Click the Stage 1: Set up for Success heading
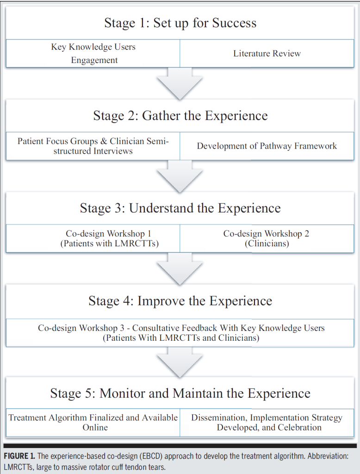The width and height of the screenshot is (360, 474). tap(180, 23)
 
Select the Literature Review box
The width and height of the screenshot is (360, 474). tap(267, 53)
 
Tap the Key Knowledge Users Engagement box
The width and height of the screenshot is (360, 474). tap(93, 53)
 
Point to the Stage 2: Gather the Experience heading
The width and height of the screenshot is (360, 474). tap(180, 115)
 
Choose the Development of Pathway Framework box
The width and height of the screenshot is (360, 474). tap(267, 146)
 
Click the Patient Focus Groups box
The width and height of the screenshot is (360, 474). tap(93, 146)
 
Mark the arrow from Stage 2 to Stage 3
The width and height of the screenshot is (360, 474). tap(180, 177)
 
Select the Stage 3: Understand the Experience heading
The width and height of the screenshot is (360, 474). tap(180, 208)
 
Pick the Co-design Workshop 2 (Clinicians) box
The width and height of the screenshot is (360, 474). tap(267, 238)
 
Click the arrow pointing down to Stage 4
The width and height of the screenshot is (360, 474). tap(180, 270)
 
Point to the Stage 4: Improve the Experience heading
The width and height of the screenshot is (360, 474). tap(180, 301)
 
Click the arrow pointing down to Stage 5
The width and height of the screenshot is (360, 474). tap(180, 362)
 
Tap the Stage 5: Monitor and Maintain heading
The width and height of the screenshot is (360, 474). tap(180, 393)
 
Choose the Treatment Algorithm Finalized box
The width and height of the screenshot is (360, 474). tap(93, 422)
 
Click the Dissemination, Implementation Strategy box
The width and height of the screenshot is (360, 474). tap(267, 422)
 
